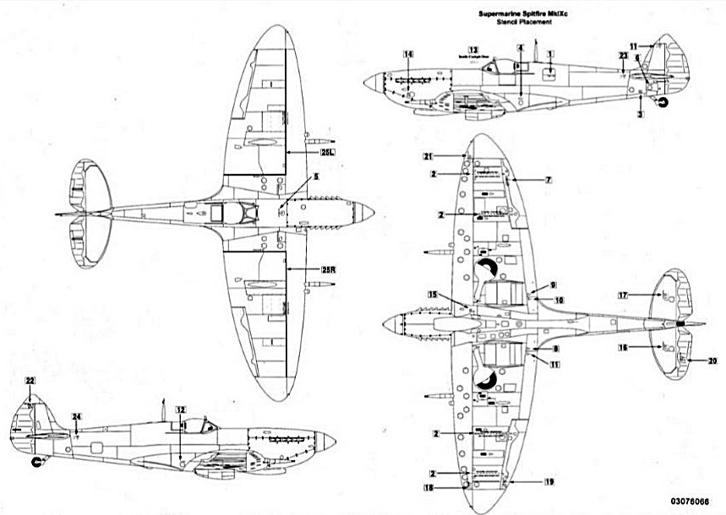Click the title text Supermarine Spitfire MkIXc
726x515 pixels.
pyautogui.click(x=515, y=15)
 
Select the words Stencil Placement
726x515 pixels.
pyautogui.click(x=515, y=24)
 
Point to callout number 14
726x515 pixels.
pyautogui.click(x=408, y=55)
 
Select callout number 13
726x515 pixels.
pyautogui.click(x=473, y=50)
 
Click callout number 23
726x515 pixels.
pyautogui.click(x=623, y=55)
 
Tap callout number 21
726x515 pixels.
pyautogui.click(x=429, y=157)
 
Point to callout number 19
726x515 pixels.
pyautogui.click(x=549, y=481)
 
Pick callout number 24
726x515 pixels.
pyautogui.click(x=76, y=416)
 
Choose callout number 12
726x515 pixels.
pyautogui.click(x=180, y=409)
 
